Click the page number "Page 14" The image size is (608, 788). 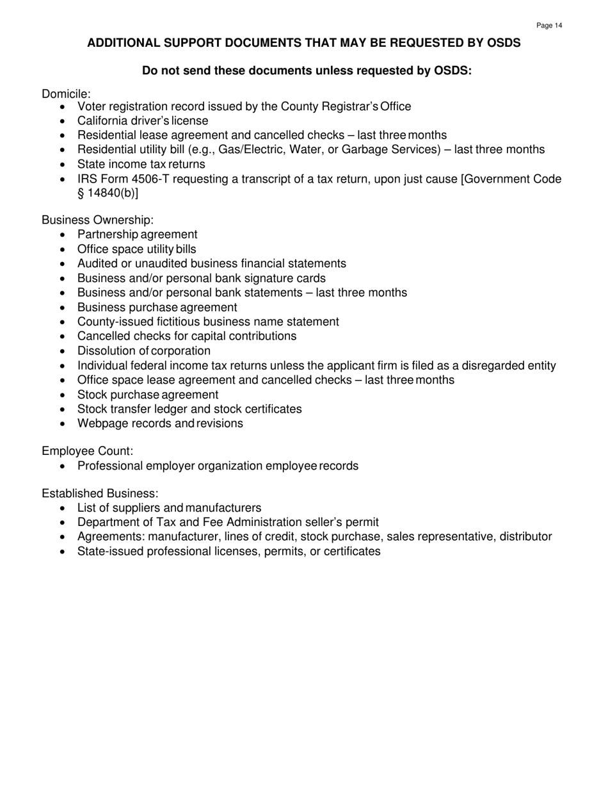549,26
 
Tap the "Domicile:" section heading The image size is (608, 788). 67,94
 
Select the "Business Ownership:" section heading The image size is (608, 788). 97,220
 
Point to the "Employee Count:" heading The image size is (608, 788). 87,452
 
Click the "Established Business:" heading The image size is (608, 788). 99,494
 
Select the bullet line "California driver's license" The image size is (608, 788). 143,120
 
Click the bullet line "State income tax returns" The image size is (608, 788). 141,164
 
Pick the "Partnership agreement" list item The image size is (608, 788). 137,234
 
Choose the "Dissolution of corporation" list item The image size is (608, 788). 143,351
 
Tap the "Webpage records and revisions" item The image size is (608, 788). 160,423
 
